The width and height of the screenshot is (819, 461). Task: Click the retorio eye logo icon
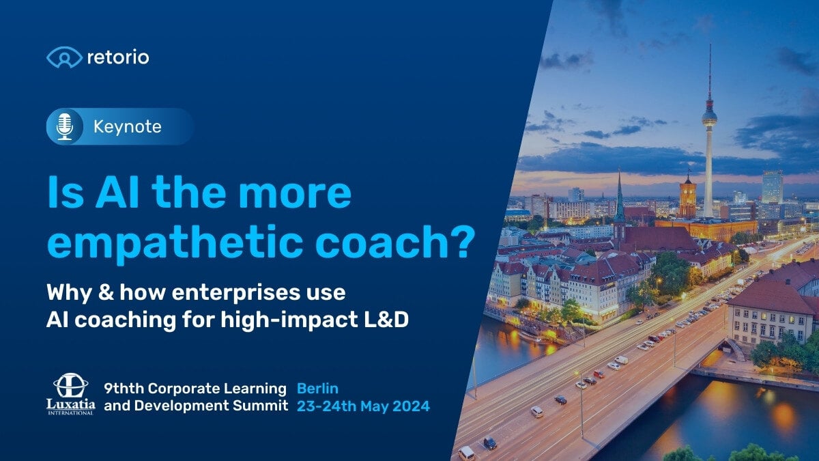[x=64, y=57]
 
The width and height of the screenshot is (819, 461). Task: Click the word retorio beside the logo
[x=118, y=57]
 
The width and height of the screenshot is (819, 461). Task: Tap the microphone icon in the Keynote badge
[x=65, y=126]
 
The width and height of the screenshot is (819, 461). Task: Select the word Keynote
[x=127, y=127]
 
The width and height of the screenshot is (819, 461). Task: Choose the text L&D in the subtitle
[x=386, y=319]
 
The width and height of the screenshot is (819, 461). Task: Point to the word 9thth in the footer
[x=124, y=389]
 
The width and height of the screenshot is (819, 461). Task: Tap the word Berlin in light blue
[x=318, y=389]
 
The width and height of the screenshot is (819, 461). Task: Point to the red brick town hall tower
[x=687, y=196]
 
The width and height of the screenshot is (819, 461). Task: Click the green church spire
[x=619, y=198]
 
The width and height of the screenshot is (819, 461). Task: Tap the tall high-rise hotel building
[x=772, y=187]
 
